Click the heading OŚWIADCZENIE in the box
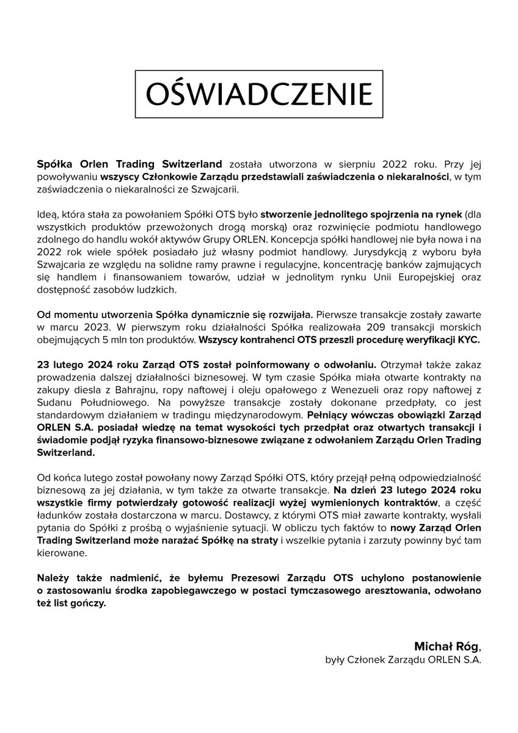coord(258,94)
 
